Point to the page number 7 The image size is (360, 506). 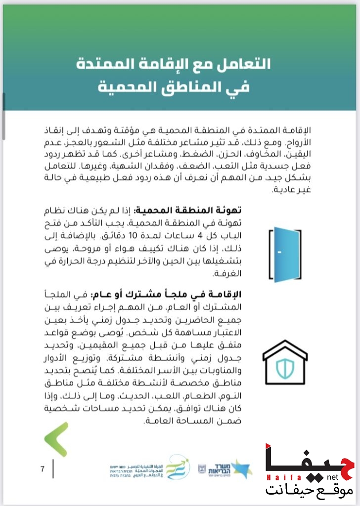(x=43, y=469)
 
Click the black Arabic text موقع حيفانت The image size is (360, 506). (x=309, y=491)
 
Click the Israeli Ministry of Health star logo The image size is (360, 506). (x=241, y=467)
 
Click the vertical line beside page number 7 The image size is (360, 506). (x=53, y=469)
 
